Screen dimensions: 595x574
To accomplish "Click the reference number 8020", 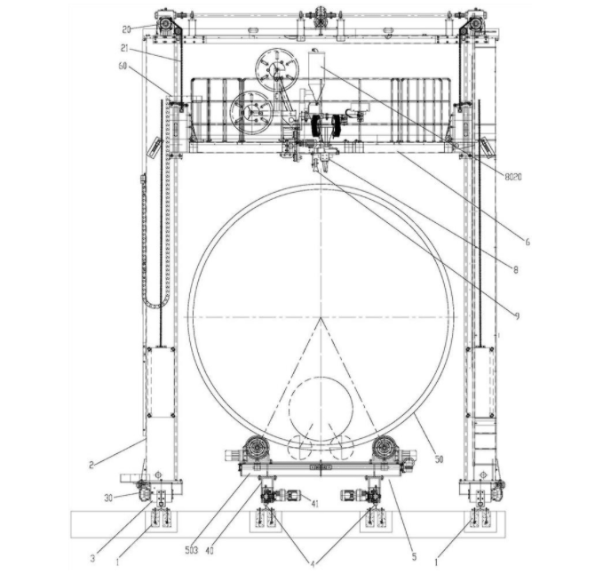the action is coord(513,177).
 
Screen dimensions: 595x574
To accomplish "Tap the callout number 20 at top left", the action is coord(126,29).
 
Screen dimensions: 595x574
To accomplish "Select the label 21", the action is coord(125,49).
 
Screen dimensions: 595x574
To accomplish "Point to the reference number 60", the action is coord(123,66).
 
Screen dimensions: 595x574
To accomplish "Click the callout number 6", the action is coord(528,242).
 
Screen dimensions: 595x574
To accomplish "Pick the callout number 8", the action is coord(515,270).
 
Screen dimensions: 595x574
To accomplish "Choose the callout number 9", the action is coord(517,315).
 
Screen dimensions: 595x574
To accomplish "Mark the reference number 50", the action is coord(439,459).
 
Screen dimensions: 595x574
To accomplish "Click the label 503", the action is coord(192,551).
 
